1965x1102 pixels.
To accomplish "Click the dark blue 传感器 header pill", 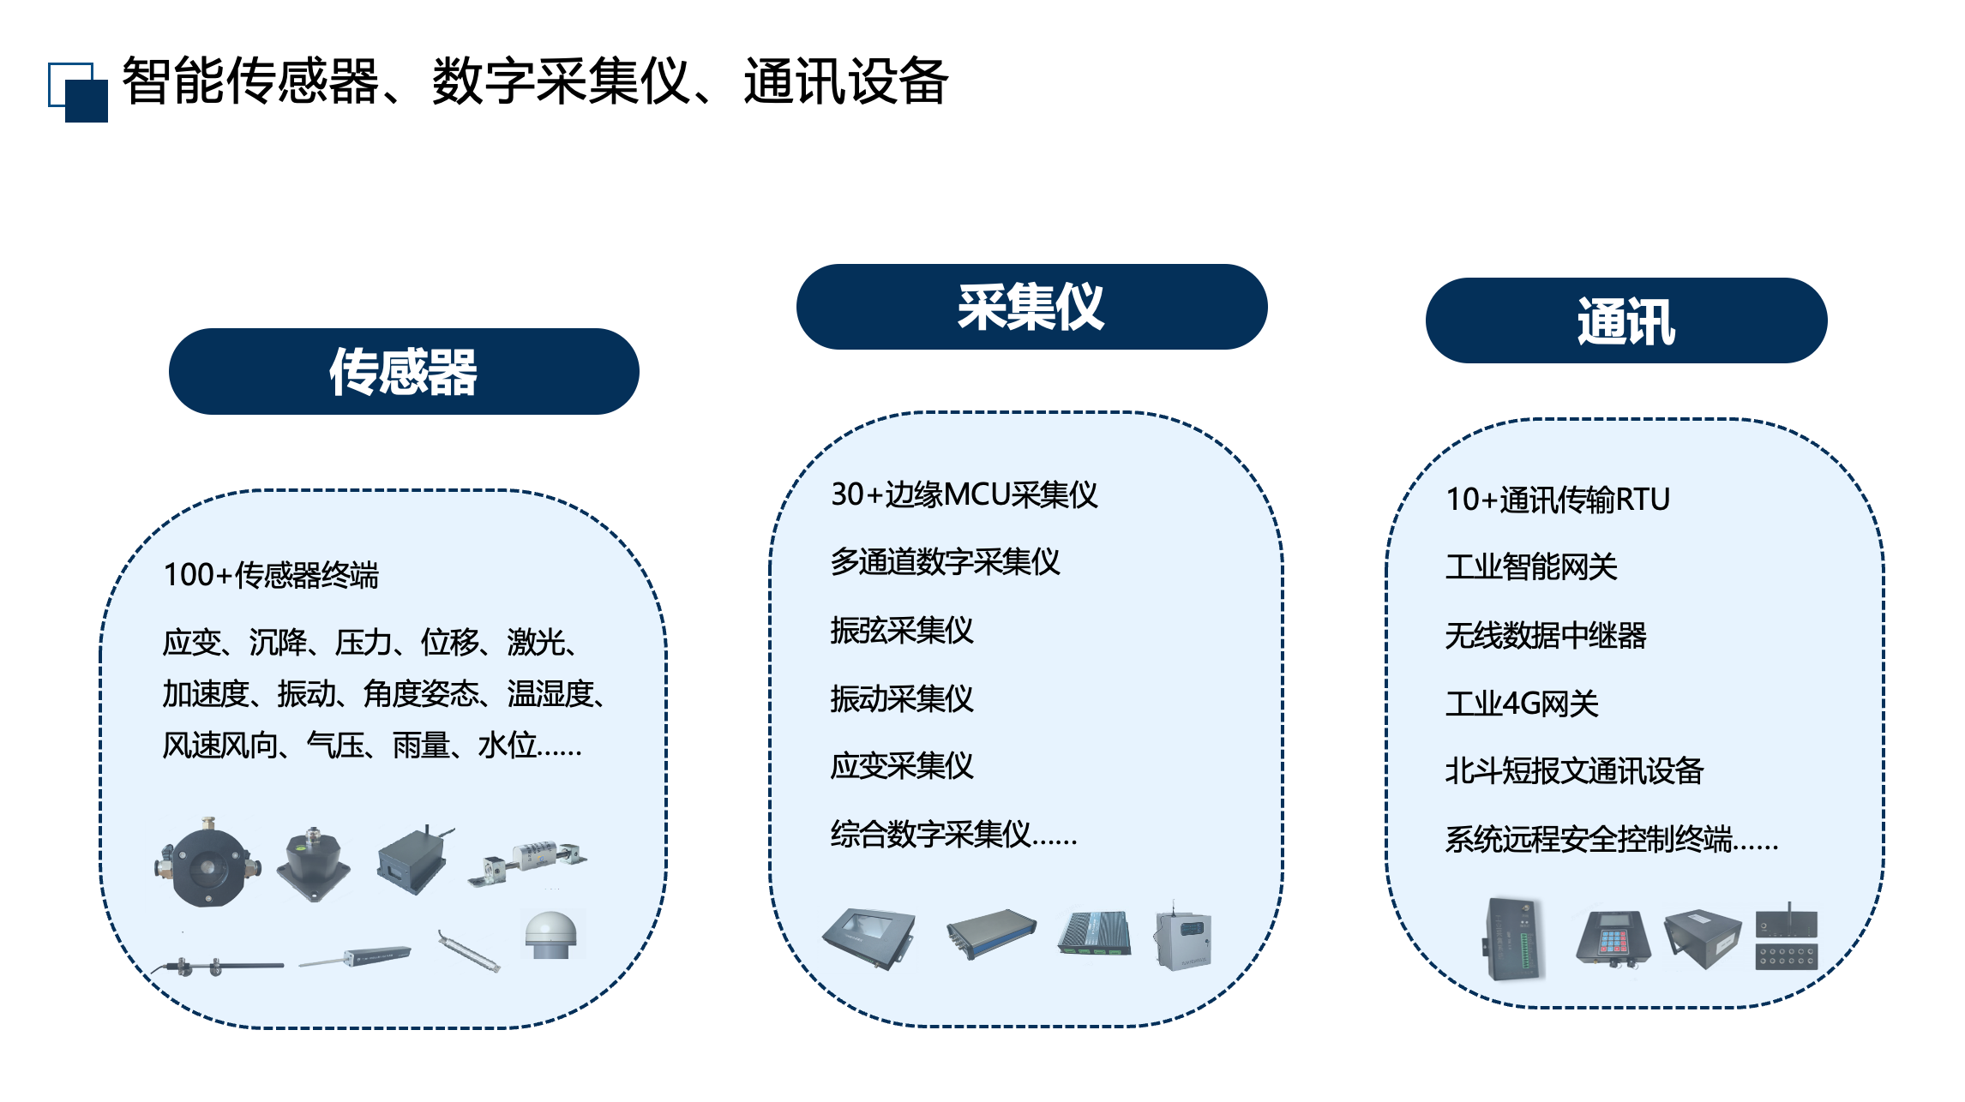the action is [404, 371].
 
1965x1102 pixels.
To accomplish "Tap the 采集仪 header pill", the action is [1031, 307].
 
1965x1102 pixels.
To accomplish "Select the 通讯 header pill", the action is [1626, 320].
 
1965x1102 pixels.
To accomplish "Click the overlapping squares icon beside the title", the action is [78, 92].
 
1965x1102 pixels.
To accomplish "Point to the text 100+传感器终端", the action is [271, 575].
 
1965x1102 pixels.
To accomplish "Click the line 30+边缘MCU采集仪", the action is [964, 494].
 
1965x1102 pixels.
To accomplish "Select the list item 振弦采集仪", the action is [902, 631].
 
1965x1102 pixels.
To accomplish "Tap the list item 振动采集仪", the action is [902, 698].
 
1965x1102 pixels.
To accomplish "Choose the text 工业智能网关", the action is [1531, 566].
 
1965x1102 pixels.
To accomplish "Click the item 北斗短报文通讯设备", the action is [1574, 771].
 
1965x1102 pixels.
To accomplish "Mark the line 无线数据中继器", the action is [1546, 635].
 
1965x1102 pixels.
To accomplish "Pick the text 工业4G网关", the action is [1522, 704].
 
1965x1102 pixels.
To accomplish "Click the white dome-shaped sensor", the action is [551, 935].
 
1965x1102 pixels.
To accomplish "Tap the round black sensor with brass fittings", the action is [207, 862].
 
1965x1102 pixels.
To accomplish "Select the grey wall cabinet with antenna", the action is [1183, 937].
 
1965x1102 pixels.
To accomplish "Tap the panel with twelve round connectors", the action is [1787, 956].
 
